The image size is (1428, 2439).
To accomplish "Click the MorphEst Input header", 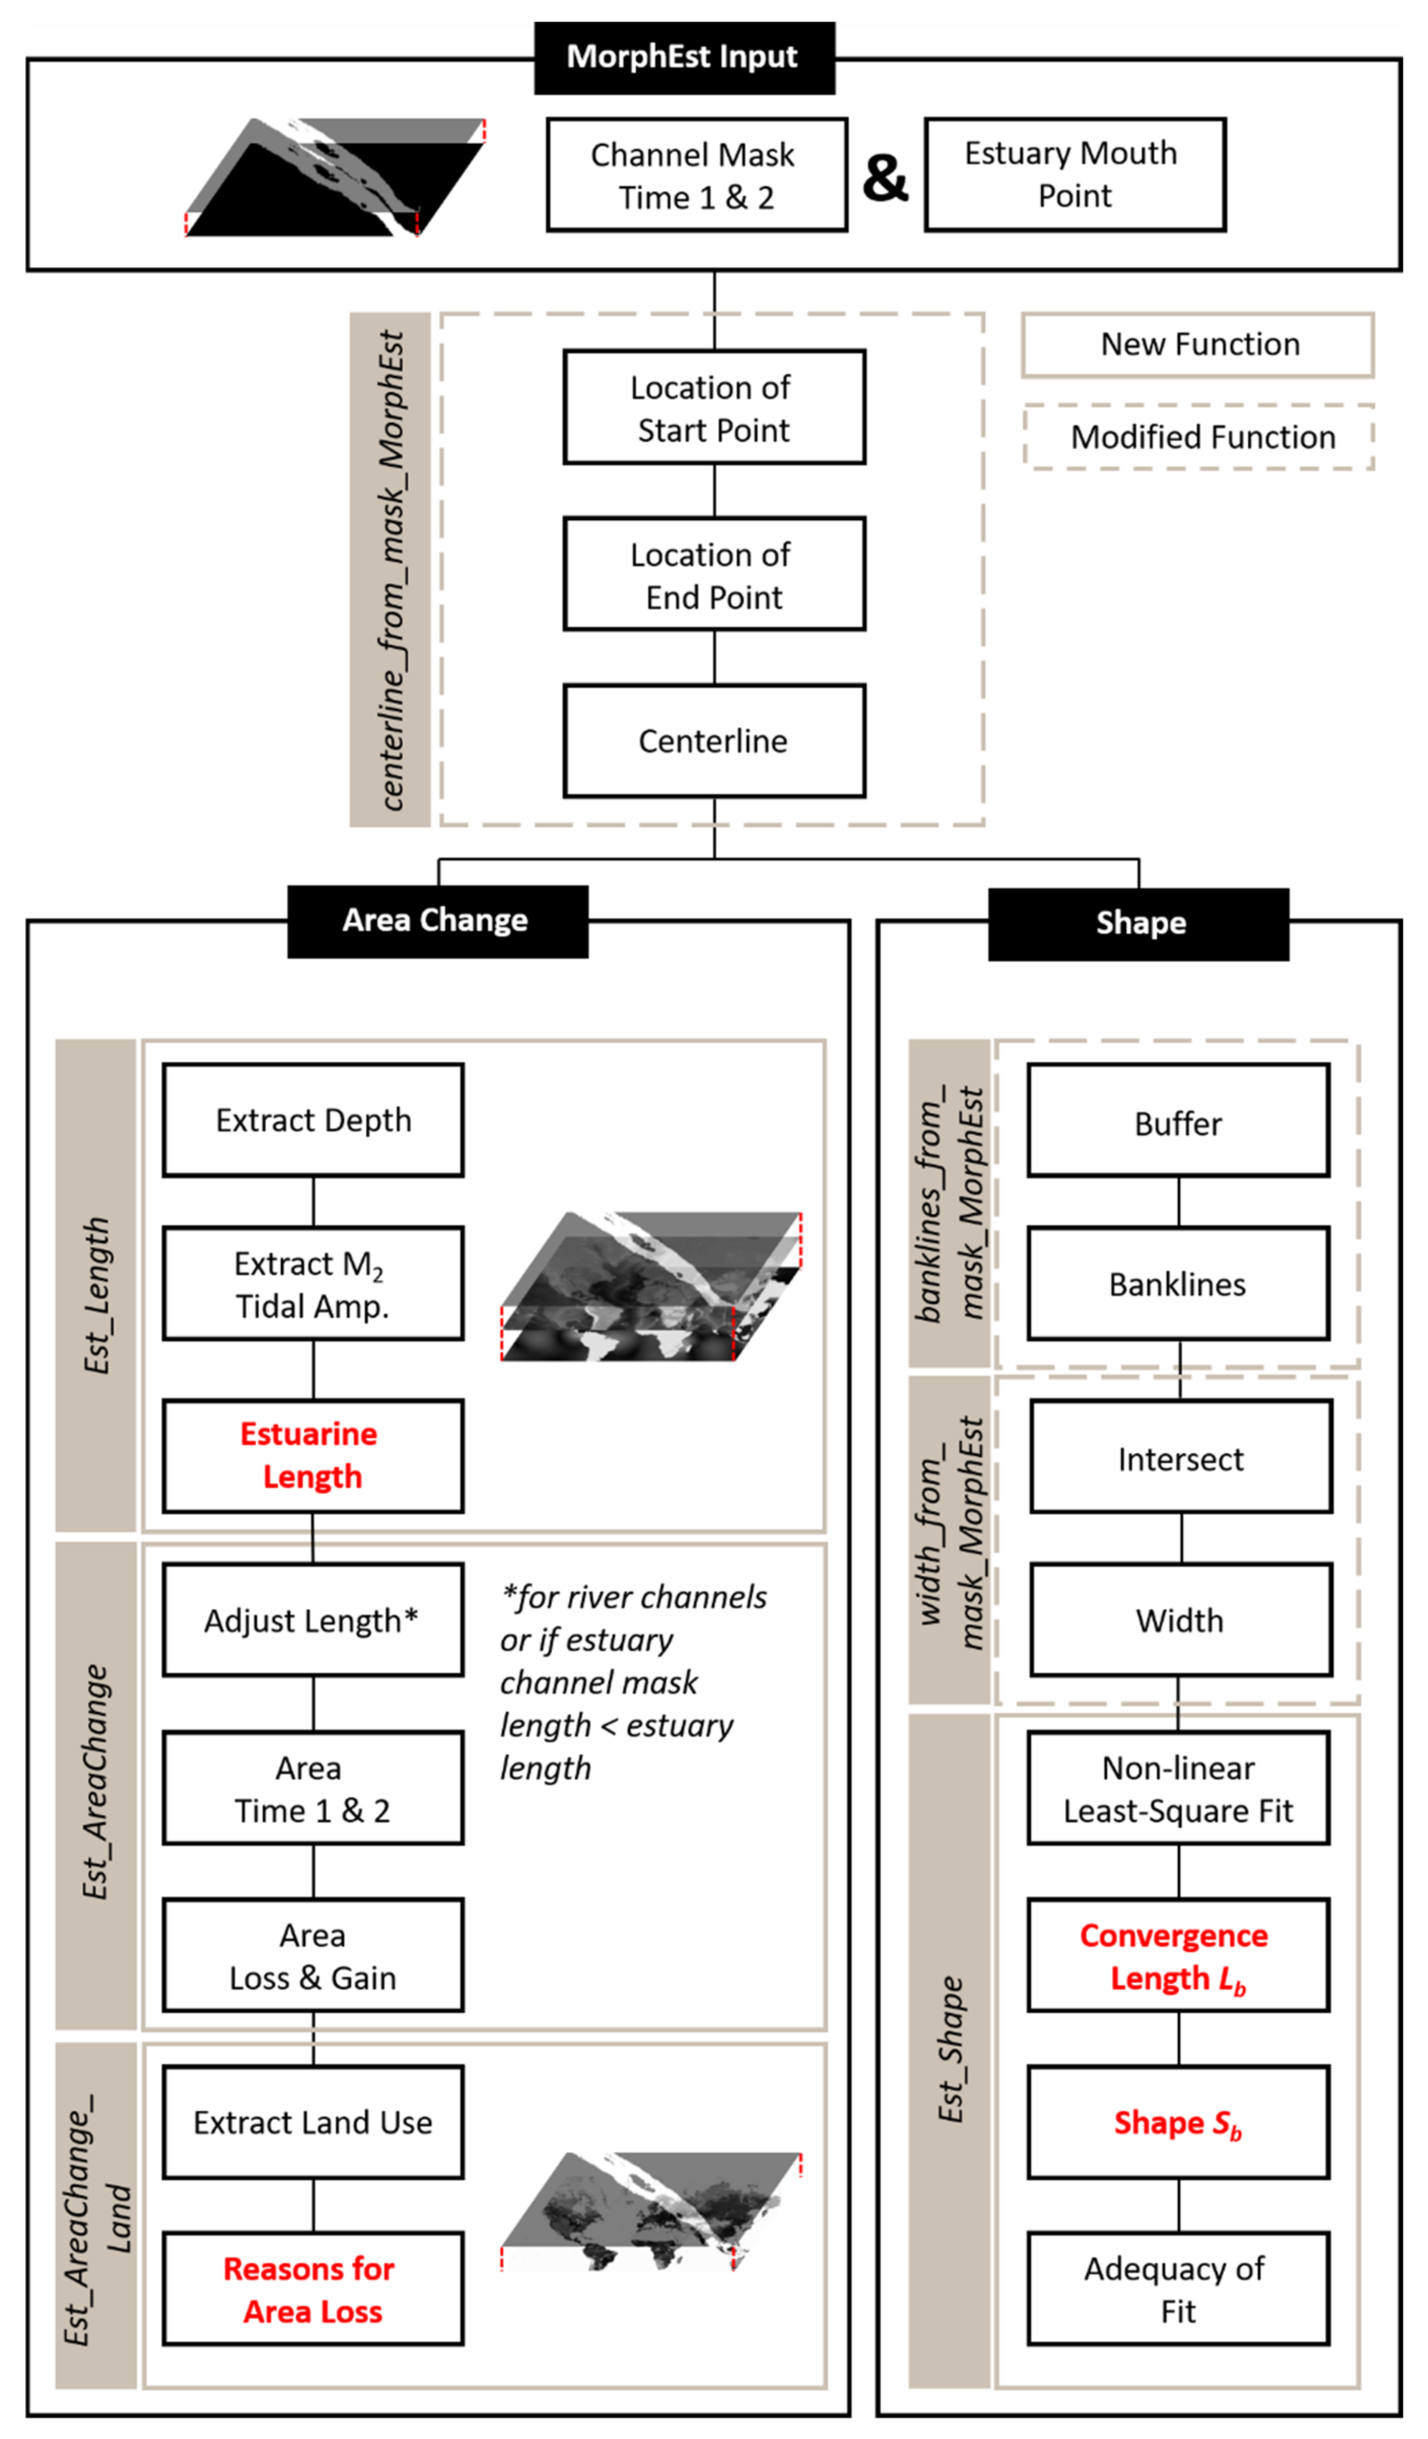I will coord(684,57).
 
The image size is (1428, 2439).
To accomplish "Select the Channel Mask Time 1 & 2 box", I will coord(696,175).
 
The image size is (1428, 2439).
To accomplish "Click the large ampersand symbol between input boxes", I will coord(885,178).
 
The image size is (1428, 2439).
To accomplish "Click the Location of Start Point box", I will coord(714,408).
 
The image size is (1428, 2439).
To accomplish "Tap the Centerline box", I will coord(714,741).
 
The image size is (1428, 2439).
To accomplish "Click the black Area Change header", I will coord(437,921).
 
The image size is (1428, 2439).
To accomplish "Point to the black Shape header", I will coord(1139,923).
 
